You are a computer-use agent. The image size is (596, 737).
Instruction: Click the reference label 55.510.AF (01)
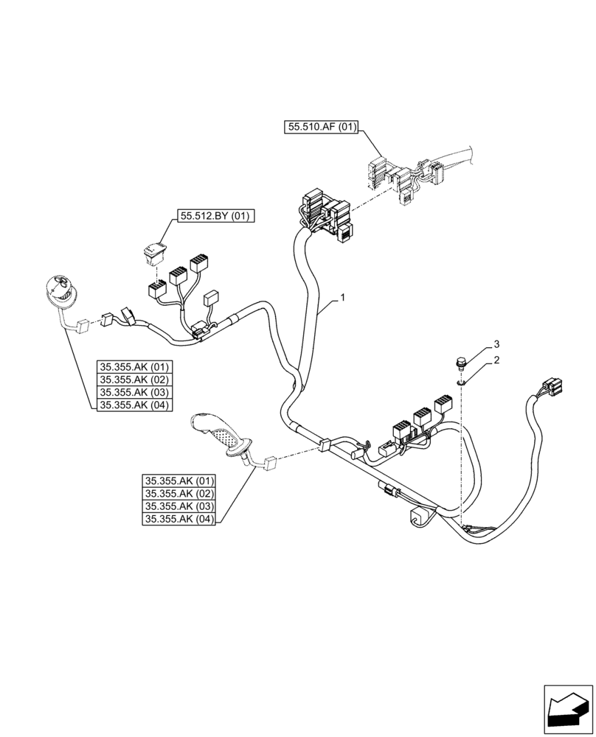pos(321,128)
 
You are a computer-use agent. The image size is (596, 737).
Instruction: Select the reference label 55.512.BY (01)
pos(214,217)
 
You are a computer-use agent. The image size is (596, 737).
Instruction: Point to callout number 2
pos(496,360)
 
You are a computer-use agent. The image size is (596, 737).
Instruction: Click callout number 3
pos(496,344)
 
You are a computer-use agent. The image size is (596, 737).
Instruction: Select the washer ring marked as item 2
pos(461,381)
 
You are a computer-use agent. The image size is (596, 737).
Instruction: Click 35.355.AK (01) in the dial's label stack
pos(134,366)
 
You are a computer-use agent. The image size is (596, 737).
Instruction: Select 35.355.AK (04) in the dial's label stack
pos(134,404)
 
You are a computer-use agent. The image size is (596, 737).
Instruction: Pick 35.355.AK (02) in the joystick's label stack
pos(180,494)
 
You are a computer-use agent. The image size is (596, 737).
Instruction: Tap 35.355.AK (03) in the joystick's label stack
pos(180,507)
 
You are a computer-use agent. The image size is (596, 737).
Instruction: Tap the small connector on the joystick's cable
pos(269,463)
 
